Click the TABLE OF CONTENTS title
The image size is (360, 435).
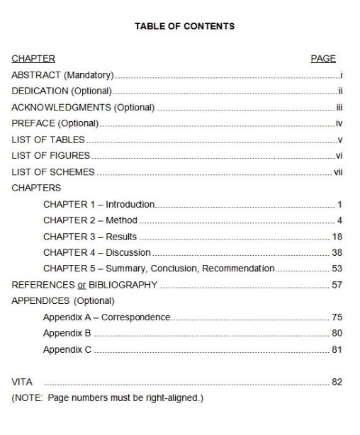coord(184,26)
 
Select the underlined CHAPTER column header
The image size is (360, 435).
coord(33,59)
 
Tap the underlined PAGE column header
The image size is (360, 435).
coord(323,59)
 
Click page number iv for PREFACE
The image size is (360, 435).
coord(339,123)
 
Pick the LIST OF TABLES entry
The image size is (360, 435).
coord(48,140)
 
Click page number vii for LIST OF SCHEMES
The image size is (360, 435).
coord(337,172)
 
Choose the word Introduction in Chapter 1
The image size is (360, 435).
coord(131,205)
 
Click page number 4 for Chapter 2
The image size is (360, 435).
coord(340,220)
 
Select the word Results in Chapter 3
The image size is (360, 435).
coord(120,237)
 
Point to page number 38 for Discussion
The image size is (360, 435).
coord(337,253)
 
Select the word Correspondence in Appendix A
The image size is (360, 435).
coord(135,317)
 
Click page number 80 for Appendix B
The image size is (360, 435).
coord(337,333)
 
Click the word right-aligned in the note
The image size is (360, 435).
coord(175,398)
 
